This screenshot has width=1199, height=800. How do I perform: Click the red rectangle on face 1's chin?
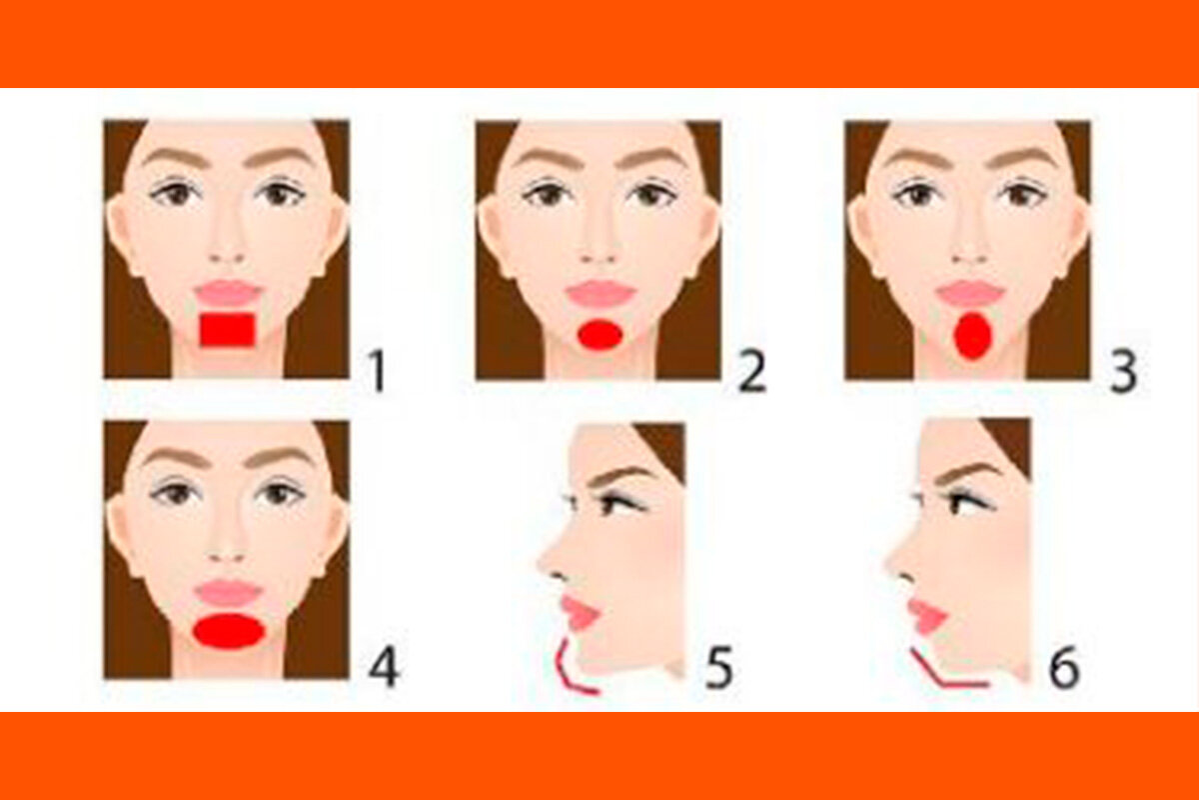pyautogui.click(x=227, y=330)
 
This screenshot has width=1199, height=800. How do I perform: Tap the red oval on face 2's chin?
pyautogui.click(x=600, y=335)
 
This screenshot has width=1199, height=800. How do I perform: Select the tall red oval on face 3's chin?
pyautogui.click(x=970, y=336)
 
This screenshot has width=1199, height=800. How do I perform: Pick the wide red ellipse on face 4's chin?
pyautogui.click(x=229, y=632)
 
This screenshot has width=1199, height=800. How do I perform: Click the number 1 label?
pyautogui.click(x=377, y=371)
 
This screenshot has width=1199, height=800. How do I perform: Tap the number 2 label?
pyautogui.click(x=751, y=371)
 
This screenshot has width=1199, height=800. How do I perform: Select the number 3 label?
pyautogui.click(x=1123, y=371)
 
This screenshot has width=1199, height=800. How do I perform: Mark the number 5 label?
pyautogui.click(x=718, y=668)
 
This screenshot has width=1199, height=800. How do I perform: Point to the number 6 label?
pyautogui.click(x=1064, y=668)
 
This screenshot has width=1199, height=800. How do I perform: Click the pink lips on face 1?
pyautogui.click(x=227, y=292)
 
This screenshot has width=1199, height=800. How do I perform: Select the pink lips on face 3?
pyautogui.click(x=969, y=293)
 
